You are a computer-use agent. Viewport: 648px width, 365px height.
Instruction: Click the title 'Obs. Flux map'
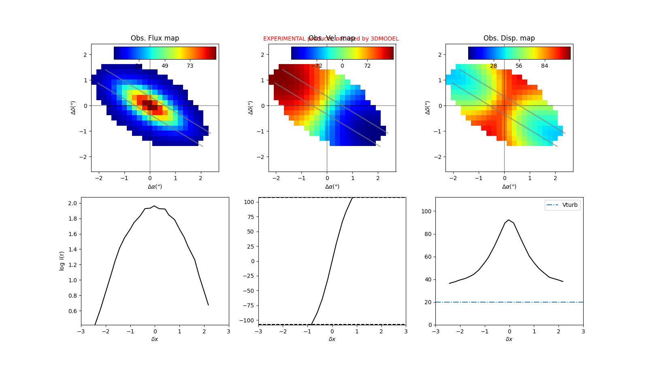(155, 38)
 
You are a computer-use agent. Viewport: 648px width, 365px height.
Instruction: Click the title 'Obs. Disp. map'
(509, 38)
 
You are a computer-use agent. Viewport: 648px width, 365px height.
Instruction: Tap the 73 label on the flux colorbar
(190, 66)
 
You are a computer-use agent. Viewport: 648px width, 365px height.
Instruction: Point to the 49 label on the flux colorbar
(165, 66)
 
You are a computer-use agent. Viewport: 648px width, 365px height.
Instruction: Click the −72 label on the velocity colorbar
(317, 66)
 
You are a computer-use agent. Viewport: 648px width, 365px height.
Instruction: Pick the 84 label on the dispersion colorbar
(544, 66)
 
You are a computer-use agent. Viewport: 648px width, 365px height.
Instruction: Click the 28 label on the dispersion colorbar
(493, 66)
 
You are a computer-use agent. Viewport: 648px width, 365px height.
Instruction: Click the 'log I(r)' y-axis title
(62, 261)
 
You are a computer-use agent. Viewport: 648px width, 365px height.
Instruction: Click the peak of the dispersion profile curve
(508, 220)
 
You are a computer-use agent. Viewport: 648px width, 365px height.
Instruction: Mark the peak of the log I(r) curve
(154, 206)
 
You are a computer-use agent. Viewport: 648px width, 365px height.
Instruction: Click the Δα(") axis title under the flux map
(155, 187)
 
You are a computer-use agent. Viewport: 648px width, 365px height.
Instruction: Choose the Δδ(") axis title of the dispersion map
(428, 108)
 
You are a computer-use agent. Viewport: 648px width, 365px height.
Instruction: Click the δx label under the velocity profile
(332, 339)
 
